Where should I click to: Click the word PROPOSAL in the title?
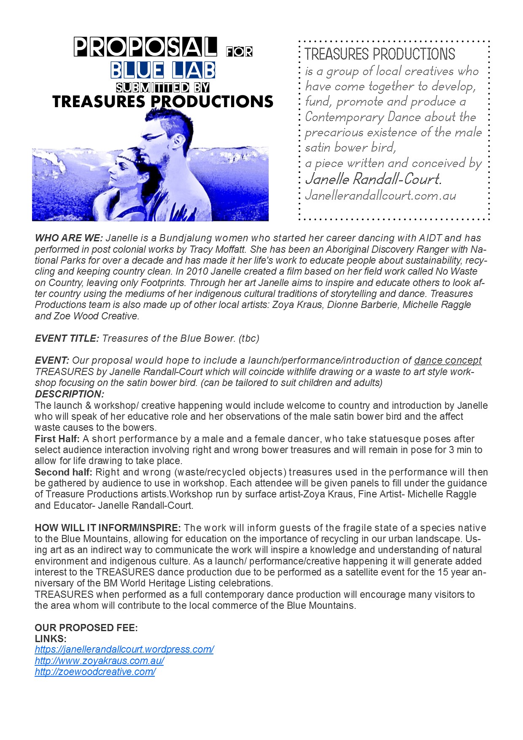coord(146,47)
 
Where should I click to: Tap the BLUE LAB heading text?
coord(163,70)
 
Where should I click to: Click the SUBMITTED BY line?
coord(163,87)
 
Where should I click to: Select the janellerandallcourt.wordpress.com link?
coord(124,649)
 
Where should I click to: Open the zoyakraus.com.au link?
coord(99,661)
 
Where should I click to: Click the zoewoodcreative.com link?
coord(95,672)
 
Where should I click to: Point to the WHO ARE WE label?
coord(69,238)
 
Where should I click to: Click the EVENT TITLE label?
coord(67,338)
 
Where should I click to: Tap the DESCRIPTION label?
coord(69,394)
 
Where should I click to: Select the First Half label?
coord(57,439)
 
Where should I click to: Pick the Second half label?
coord(63,472)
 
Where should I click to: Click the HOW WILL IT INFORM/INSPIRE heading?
coord(108,528)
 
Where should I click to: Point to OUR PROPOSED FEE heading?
coord(86,628)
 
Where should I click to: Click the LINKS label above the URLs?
coord(51,639)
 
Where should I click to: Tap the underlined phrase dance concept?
coord(448,361)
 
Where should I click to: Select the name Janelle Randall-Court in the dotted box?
coord(373,179)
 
